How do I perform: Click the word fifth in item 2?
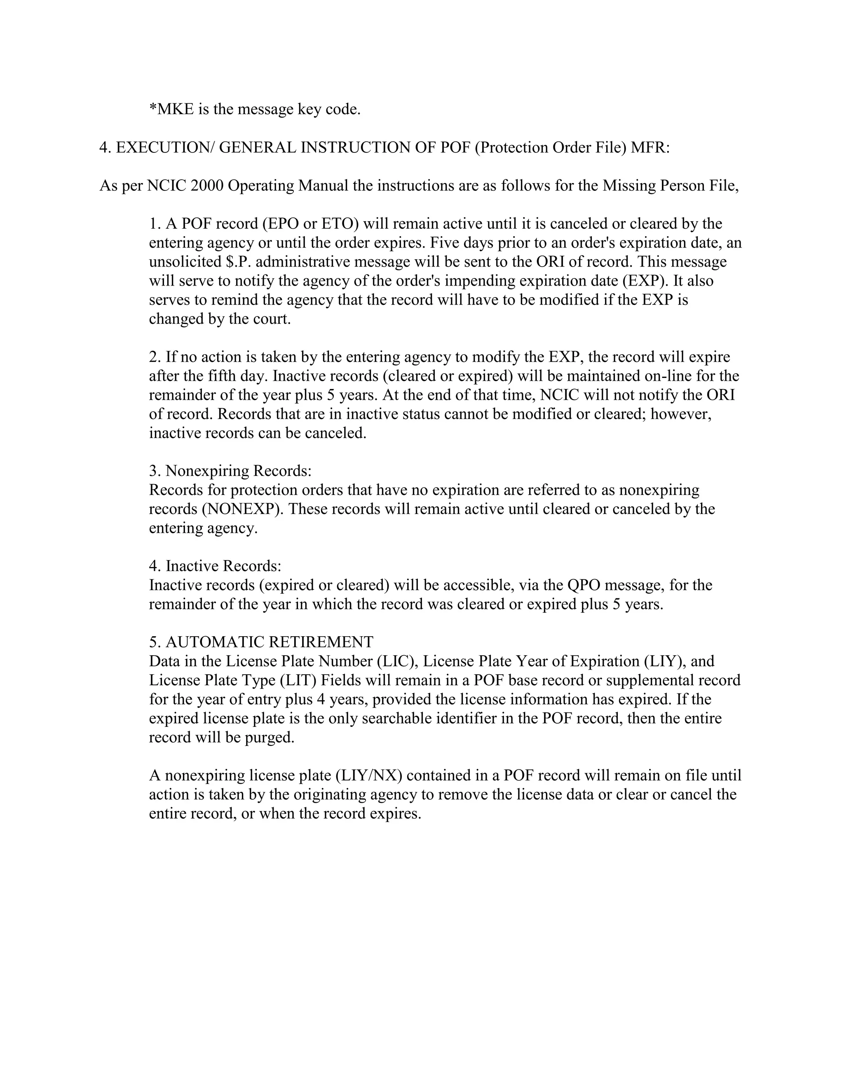[x=209, y=375]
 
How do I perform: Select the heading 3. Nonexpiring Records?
[x=230, y=471]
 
